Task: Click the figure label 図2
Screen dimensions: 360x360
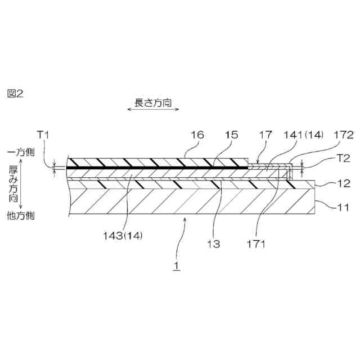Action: [x=16, y=93]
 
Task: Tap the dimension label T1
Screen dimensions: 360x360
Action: [x=44, y=134]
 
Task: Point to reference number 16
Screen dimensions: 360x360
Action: [x=197, y=134]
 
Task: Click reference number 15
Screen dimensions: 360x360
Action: [x=231, y=134]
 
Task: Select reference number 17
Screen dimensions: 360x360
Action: [x=265, y=134]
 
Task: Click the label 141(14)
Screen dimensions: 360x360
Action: [x=304, y=134]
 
